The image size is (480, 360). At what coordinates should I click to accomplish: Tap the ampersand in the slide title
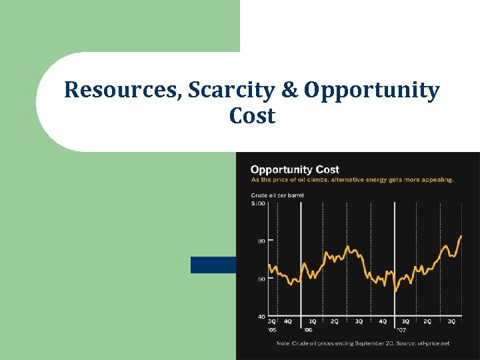(289, 90)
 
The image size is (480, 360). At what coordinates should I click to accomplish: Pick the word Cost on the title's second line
(252, 116)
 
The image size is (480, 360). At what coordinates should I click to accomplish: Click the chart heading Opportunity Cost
(295, 169)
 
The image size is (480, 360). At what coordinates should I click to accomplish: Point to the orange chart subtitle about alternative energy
(352, 179)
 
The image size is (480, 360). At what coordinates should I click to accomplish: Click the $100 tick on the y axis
(257, 203)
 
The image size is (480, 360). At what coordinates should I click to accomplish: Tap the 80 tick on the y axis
(261, 241)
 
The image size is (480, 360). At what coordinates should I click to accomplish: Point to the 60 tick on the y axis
(261, 279)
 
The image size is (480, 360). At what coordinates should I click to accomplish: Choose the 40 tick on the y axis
(261, 316)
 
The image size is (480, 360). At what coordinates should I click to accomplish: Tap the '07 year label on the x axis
(401, 330)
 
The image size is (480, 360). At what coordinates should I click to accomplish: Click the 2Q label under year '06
(335, 321)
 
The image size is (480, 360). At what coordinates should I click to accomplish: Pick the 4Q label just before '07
(382, 321)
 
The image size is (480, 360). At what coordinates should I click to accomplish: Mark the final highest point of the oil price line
(461, 235)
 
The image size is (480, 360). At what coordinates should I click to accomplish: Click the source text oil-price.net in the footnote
(434, 343)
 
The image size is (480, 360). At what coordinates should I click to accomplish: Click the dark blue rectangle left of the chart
(213, 265)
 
